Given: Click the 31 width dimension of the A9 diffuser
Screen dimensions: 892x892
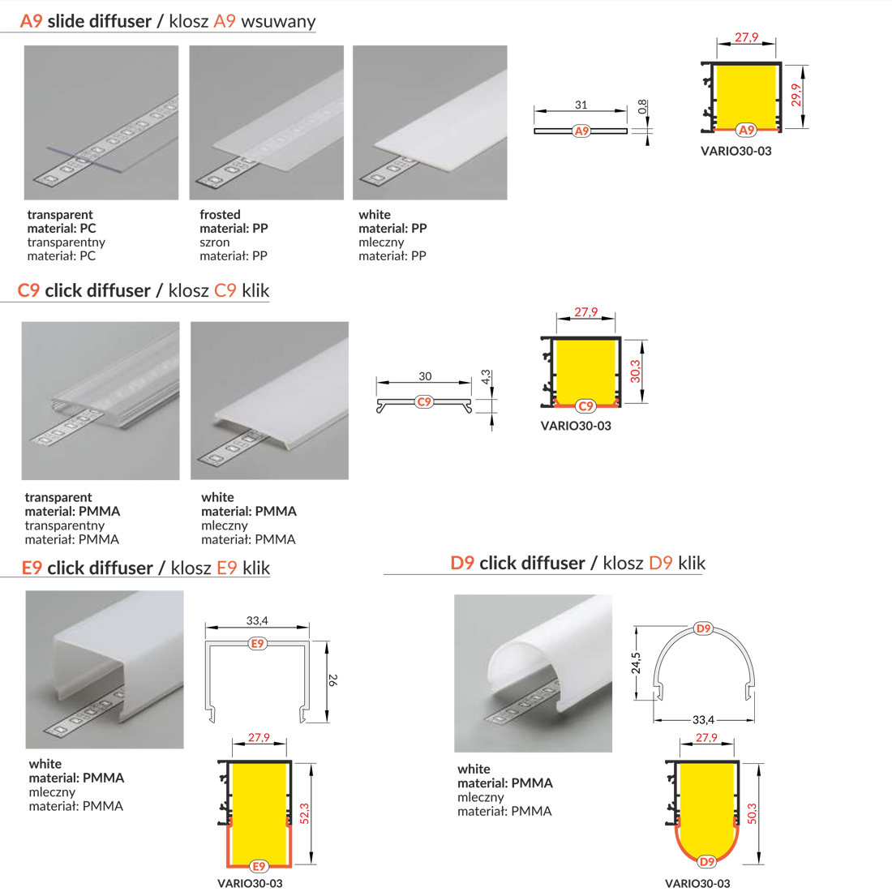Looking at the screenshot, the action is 581,105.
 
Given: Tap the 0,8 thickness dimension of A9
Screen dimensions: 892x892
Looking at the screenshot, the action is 642,106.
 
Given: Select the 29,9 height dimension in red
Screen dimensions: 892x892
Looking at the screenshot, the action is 796,95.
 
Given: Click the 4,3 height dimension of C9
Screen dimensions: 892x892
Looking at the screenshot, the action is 486,376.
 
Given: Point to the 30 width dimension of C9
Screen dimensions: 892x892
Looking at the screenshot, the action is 425,376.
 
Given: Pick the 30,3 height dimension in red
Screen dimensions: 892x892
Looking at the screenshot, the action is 636,371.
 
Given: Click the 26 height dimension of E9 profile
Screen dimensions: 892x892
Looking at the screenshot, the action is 333,680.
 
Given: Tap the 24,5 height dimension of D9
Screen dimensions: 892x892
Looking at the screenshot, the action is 636,663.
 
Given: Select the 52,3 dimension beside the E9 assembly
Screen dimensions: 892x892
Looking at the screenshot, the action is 304,813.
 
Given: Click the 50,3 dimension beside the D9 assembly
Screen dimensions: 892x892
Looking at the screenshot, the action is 752,813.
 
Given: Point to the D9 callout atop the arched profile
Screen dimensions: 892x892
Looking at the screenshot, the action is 704,628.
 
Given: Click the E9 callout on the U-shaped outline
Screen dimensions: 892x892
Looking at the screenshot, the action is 258,643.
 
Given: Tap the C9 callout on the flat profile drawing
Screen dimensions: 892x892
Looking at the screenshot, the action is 424,402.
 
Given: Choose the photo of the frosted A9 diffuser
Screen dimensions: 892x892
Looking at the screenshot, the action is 266,122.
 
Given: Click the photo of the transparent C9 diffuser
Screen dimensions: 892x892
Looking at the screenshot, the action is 101,401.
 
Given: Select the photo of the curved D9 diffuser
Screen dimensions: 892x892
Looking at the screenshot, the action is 533,674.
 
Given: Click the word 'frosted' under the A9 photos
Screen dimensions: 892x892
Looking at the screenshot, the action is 220,214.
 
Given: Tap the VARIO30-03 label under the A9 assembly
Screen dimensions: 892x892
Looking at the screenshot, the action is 736,152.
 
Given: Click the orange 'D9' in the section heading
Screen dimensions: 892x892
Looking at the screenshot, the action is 462,564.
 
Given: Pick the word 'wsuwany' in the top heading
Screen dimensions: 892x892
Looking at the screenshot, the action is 278,22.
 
